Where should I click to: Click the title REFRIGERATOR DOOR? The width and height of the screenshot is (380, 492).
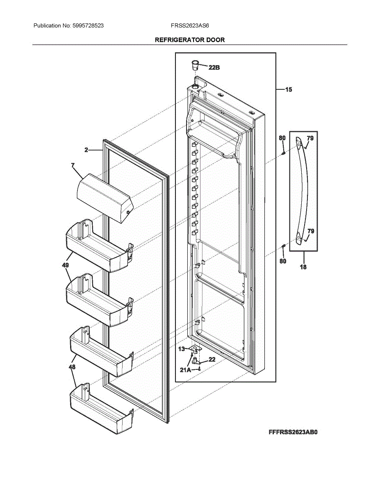click(x=190, y=40)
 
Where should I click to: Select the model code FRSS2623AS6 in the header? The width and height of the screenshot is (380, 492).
click(x=190, y=25)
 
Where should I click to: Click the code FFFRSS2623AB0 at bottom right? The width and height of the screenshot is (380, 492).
click(x=293, y=432)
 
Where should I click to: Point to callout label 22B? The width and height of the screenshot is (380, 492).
click(x=214, y=68)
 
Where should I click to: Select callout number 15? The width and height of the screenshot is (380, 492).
click(x=289, y=89)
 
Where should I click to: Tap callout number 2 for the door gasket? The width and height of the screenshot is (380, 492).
click(x=86, y=150)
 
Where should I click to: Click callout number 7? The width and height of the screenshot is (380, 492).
click(x=73, y=165)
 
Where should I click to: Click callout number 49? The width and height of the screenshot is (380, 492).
click(x=65, y=265)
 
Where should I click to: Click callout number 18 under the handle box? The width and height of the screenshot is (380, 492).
click(x=303, y=267)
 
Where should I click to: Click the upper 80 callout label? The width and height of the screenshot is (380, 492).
click(x=282, y=139)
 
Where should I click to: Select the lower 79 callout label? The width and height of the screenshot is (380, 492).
click(x=311, y=231)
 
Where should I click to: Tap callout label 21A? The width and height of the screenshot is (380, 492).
click(x=186, y=370)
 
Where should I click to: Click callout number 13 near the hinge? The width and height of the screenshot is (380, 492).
click(x=181, y=349)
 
